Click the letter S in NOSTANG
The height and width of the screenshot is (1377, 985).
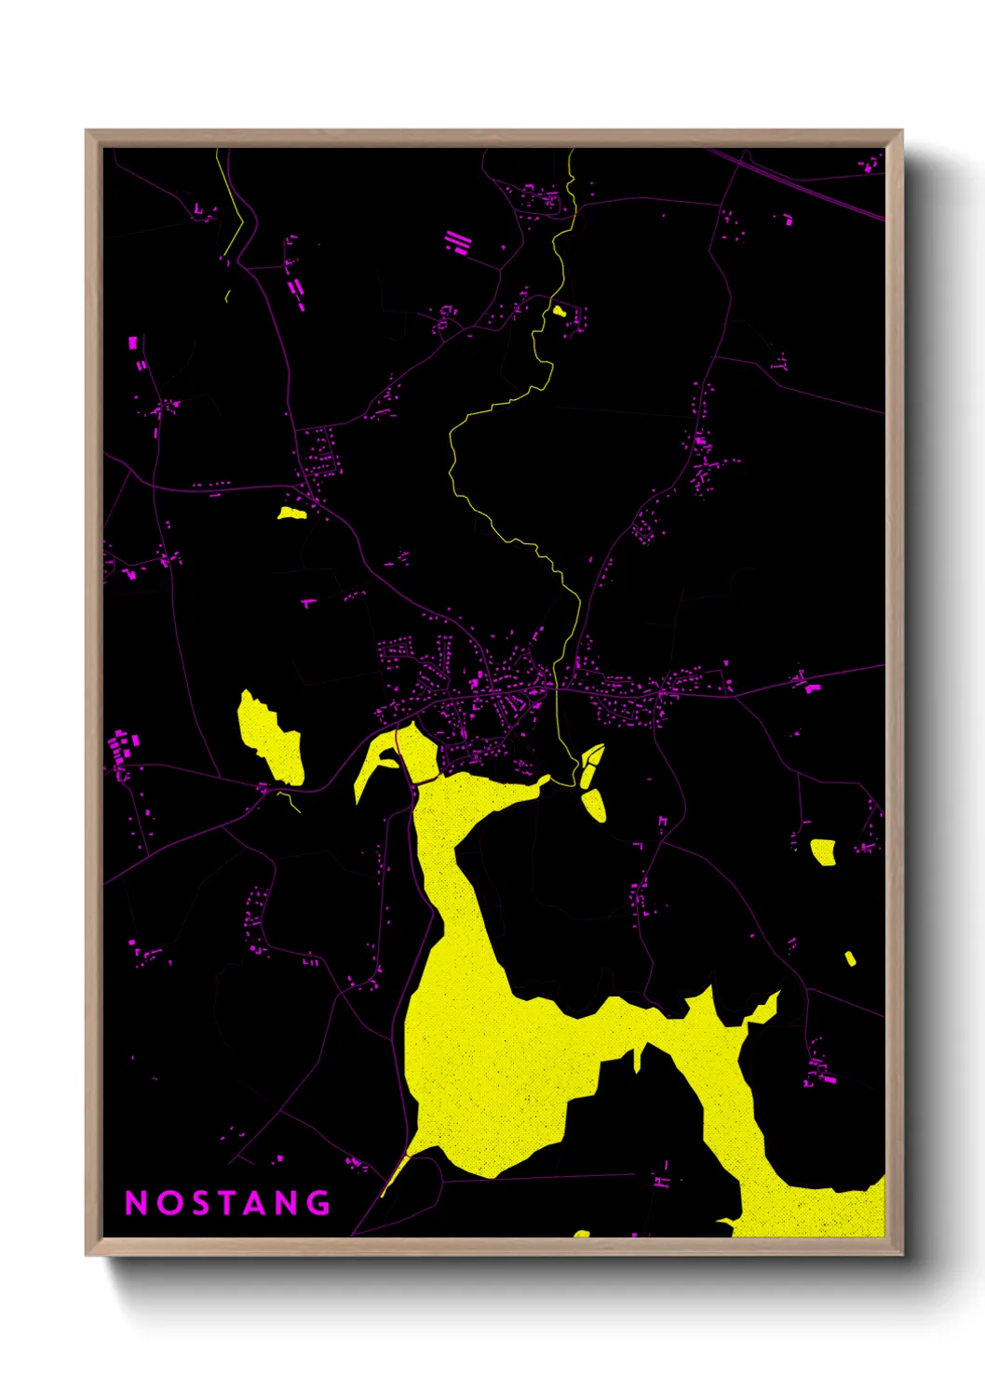tap(196, 1203)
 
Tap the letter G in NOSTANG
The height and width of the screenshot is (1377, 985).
tap(319, 1203)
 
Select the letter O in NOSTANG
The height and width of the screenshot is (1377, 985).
tap(166, 1203)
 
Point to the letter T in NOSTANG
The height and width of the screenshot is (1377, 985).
tap(226, 1203)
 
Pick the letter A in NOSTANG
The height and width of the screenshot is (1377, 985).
tap(257, 1203)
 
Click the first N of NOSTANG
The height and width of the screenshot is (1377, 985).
tap(135, 1203)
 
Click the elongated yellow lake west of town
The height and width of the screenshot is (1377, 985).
tap(271, 739)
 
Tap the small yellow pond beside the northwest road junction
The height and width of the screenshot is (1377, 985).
tap(291, 513)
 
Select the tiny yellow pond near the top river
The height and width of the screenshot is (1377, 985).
tap(559, 311)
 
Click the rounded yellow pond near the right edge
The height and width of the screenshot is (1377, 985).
tap(823, 851)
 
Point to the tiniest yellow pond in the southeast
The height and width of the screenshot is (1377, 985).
tap(850, 958)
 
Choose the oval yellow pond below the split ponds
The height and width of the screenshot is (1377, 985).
tap(594, 804)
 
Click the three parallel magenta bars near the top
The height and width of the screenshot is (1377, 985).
tap(457, 243)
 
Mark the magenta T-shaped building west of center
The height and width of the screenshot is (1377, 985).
tap(309, 604)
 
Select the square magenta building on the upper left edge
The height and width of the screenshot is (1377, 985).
tap(133, 343)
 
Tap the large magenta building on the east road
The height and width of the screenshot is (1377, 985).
tap(813, 688)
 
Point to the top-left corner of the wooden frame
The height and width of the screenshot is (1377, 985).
tap(87, 131)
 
